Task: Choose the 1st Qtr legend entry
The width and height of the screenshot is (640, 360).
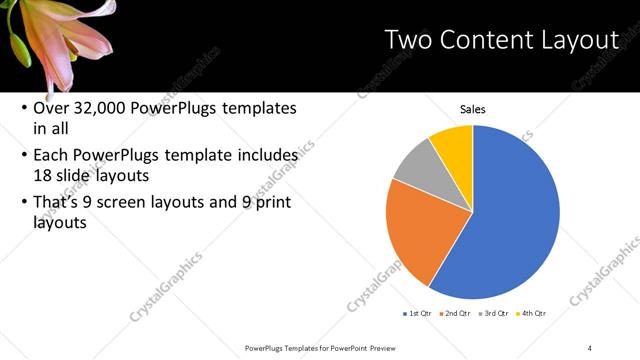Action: click(x=418, y=313)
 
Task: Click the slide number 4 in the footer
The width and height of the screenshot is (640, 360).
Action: click(x=590, y=347)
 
